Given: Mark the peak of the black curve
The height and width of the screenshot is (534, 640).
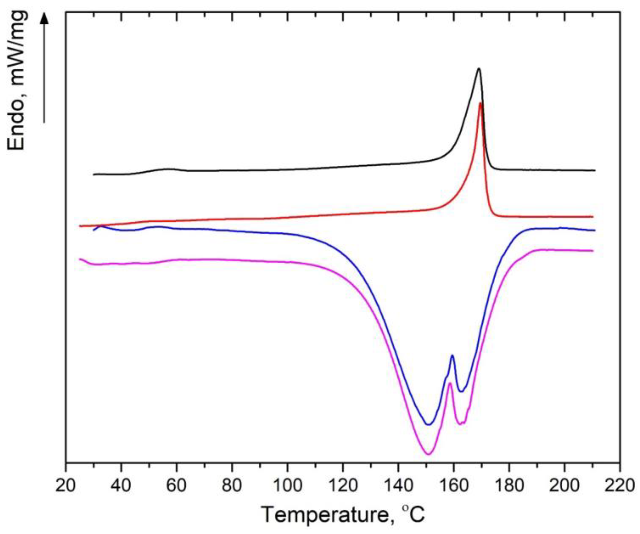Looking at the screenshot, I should [479, 69].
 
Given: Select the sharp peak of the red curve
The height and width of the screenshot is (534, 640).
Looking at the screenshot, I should [480, 104].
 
